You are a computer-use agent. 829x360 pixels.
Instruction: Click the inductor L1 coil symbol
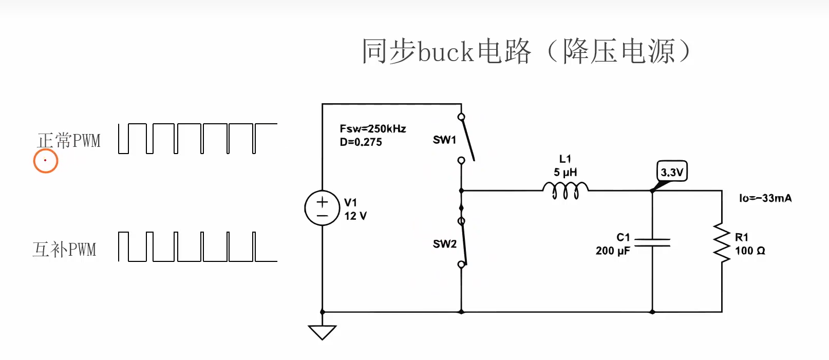[x=565, y=190]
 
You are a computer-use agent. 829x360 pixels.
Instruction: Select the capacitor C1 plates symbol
[x=652, y=242]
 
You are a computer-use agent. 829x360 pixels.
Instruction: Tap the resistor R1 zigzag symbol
[x=722, y=242]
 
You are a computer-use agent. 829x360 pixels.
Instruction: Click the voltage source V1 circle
[x=322, y=208]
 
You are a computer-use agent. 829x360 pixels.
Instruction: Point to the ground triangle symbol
[x=322, y=332]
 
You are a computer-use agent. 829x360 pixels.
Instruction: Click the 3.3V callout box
[x=672, y=172]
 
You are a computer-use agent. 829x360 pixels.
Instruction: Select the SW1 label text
[x=444, y=140]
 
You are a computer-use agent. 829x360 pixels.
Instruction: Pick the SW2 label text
[x=444, y=244]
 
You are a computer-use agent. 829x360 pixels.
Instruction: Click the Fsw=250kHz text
[x=373, y=129]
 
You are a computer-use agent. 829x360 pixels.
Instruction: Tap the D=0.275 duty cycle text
[x=361, y=142]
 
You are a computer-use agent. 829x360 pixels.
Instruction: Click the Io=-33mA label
[x=765, y=198]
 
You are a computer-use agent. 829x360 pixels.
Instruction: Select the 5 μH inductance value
[x=565, y=173]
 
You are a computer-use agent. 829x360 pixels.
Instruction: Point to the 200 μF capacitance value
[x=613, y=251]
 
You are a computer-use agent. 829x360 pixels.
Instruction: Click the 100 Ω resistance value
[x=750, y=251]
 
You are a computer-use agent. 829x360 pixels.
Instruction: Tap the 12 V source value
[x=355, y=216]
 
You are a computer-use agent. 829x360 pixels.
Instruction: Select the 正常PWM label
[x=69, y=141]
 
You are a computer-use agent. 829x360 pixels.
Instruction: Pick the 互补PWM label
[x=64, y=250]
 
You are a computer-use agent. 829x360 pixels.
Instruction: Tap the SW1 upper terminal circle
[x=461, y=117]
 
